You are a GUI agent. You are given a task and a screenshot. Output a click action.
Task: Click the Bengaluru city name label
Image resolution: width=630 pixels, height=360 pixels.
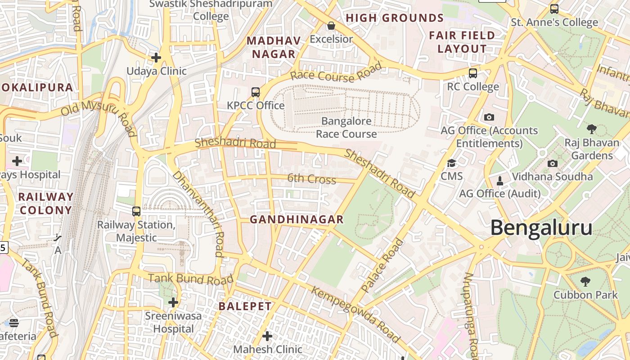click(541, 228)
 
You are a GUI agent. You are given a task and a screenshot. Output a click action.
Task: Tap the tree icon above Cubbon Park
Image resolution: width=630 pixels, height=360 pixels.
click(585, 282)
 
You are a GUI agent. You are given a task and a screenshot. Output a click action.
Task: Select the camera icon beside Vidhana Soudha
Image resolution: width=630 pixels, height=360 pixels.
click(553, 163)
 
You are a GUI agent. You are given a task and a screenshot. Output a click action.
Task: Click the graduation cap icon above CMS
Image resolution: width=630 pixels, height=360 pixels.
click(451, 163)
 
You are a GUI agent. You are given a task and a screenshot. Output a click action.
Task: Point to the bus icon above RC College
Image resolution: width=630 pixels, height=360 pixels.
click(472, 73)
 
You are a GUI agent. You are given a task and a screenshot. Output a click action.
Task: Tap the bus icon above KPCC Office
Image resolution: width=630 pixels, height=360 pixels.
click(255, 92)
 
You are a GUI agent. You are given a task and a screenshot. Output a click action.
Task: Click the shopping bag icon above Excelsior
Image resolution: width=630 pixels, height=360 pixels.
click(331, 26)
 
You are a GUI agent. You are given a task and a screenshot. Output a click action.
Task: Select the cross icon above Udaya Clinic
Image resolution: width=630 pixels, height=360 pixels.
click(156, 58)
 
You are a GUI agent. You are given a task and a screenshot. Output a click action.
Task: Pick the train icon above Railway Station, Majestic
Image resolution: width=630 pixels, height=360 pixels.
click(136, 211)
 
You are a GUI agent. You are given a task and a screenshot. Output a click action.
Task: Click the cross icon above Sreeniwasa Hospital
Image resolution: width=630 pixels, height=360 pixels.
click(173, 302)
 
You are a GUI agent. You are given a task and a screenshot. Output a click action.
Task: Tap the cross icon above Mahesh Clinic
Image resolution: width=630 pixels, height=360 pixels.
click(267, 336)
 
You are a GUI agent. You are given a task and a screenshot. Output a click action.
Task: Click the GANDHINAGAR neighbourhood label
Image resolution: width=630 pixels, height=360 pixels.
click(297, 220)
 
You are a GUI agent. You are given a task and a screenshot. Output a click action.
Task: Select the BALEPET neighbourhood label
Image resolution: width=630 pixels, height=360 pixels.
click(245, 306)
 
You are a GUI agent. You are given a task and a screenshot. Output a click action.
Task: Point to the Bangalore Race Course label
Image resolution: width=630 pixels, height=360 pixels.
click(346, 127)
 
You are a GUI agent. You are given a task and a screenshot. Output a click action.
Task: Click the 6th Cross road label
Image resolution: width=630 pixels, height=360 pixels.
click(311, 179)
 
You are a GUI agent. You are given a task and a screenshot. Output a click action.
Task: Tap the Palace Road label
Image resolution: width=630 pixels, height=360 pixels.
click(382, 265)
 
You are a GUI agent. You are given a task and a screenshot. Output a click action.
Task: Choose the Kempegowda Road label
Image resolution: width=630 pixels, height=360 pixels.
click(355, 315)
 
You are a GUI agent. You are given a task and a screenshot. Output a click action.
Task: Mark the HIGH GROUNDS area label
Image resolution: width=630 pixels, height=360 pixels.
click(395, 18)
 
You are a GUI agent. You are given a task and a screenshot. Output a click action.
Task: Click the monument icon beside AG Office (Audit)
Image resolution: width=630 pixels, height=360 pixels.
click(499, 181)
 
